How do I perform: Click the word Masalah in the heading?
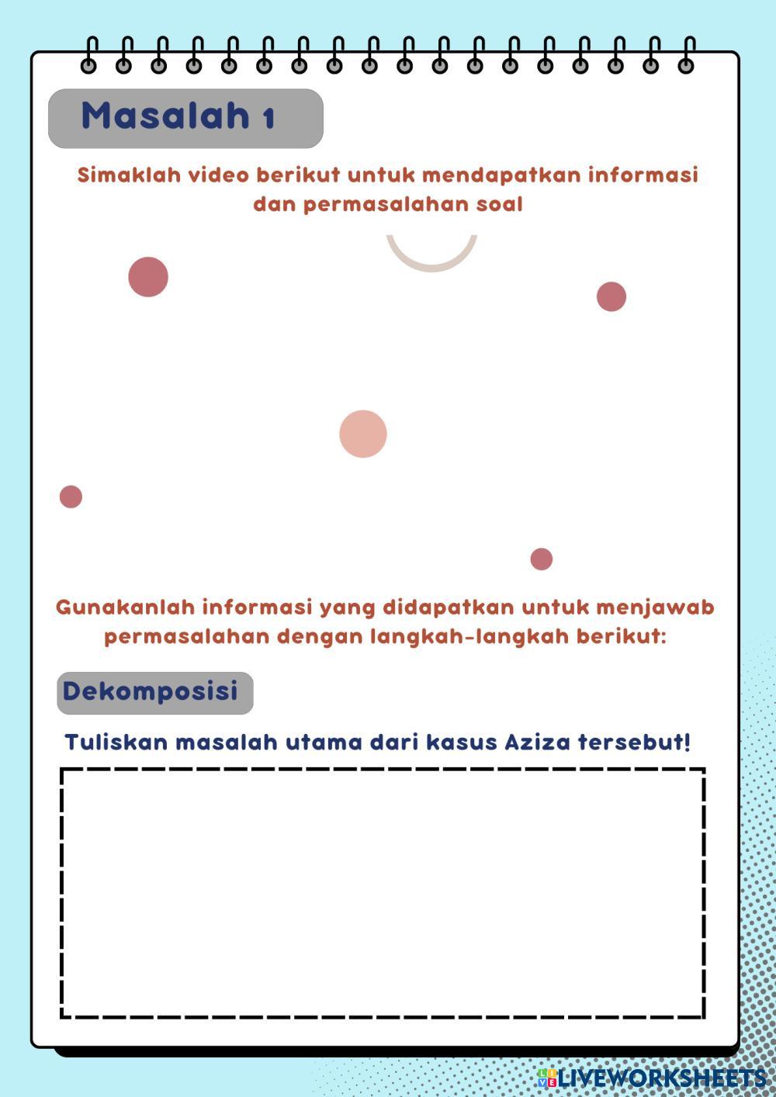(165, 116)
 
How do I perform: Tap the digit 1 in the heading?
(268, 119)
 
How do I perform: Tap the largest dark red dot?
(148, 277)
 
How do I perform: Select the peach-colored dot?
(363, 434)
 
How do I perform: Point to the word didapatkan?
(448, 607)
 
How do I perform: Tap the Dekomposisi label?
(151, 691)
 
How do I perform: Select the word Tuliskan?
(116, 742)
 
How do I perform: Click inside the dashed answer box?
(383, 893)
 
